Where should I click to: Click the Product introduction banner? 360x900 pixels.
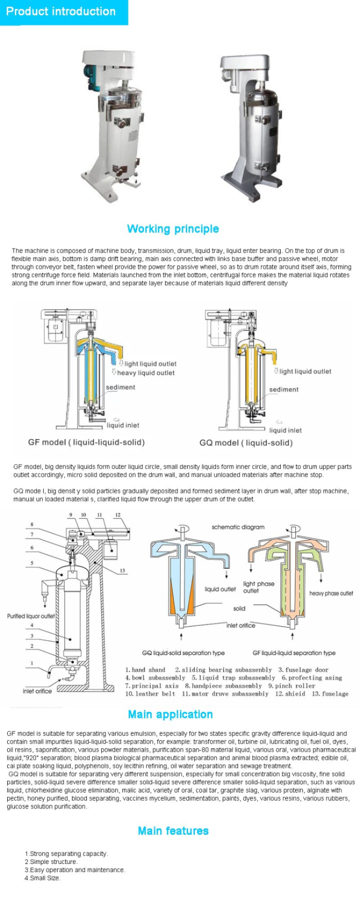click(61, 12)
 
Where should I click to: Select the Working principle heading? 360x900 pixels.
click(173, 229)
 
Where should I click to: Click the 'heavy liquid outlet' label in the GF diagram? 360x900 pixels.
click(145, 373)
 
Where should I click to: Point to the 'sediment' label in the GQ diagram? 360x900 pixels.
click(283, 390)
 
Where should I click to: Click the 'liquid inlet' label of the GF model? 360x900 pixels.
click(123, 425)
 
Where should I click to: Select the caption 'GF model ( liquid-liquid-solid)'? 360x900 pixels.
click(86, 442)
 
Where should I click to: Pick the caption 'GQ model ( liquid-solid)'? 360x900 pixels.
click(246, 443)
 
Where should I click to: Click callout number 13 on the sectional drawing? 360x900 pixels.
click(122, 571)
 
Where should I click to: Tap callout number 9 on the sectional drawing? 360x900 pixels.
click(71, 515)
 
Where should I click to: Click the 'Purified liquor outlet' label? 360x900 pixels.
click(31, 616)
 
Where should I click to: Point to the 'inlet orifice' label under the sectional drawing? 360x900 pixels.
click(37, 691)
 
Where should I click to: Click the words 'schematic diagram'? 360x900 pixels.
click(238, 527)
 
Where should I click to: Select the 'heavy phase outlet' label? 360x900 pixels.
click(331, 594)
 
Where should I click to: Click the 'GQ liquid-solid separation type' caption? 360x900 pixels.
click(183, 653)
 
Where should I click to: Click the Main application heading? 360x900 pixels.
click(170, 715)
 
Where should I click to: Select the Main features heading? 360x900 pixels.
click(173, 831)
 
